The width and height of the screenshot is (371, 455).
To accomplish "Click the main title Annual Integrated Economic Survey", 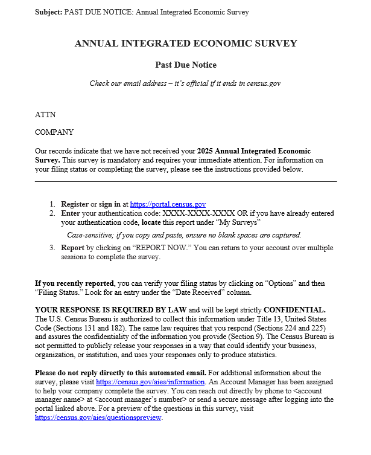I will [x=186, y=44].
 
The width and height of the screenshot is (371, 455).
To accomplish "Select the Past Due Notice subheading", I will [x=186, y=65].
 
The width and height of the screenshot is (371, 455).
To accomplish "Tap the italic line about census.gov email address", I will [x=185, y=83].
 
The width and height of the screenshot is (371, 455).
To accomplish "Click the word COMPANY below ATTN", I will [x=54, y=132].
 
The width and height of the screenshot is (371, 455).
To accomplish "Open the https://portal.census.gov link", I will [x=168, y=205].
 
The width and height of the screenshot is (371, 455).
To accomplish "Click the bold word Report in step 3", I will [x=72, y=248].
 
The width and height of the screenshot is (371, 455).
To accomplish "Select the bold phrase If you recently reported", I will [x=74, y=283].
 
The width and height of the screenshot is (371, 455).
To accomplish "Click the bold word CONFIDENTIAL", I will [x=294, y=309].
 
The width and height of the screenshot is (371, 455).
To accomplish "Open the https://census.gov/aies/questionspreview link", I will [x=98, y=418].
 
